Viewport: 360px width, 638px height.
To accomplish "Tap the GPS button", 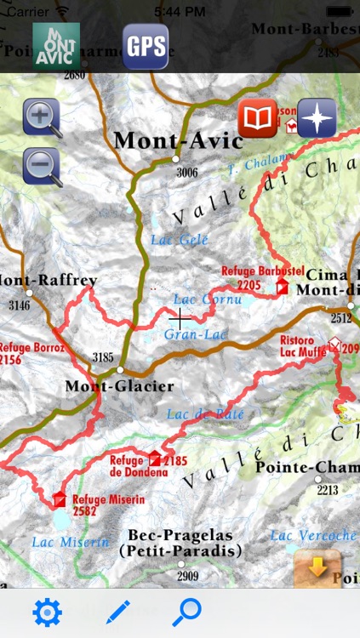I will click(x=146, y=47).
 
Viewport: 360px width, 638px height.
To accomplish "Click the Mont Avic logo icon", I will click(x=56, y=47).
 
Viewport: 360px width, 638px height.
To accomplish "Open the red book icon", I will click(x=257, y=118).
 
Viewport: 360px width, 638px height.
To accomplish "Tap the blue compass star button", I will click(x=317, y=118).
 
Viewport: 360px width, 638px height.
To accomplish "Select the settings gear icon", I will click(x=47, y=612).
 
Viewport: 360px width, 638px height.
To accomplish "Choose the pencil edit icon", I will click(x=118, y=612).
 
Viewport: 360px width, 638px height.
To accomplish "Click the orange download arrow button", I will click(x=317, y=568).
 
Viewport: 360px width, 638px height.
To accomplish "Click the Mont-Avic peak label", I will click(x=178, y=140).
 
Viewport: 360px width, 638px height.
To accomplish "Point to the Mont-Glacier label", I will click(x=119, y=386).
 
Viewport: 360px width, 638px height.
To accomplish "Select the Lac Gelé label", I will click(x=180, y=240).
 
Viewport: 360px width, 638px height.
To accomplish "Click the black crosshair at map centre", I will click(x=180, y=318).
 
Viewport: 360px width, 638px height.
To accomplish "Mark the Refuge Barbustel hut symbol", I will click(x=282, y=288).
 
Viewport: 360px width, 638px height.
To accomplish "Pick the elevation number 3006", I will click(x=187, y=173).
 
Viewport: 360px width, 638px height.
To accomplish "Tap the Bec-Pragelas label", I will click(x=180, y=535).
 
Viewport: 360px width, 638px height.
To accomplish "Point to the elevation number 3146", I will click(x=19, y=305).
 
